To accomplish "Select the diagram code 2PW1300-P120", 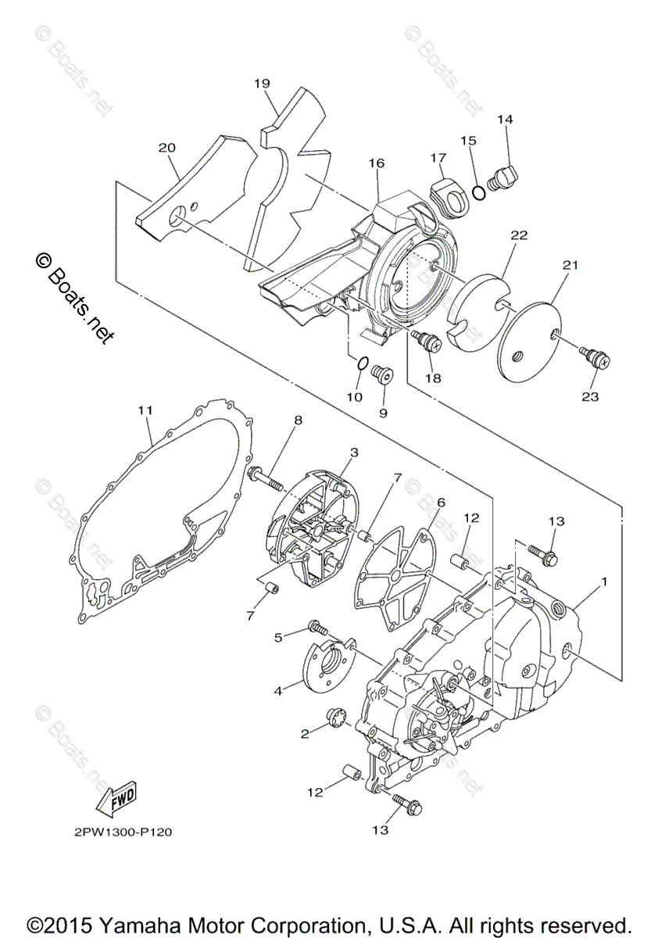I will [x=117, y=832].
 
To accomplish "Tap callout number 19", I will [x=262, y=83].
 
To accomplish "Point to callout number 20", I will [x=166, y=147].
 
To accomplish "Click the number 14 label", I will [x=505, y=120].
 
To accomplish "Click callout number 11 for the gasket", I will [x=145, y=409].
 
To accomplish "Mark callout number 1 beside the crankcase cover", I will [x=603, y=582].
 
